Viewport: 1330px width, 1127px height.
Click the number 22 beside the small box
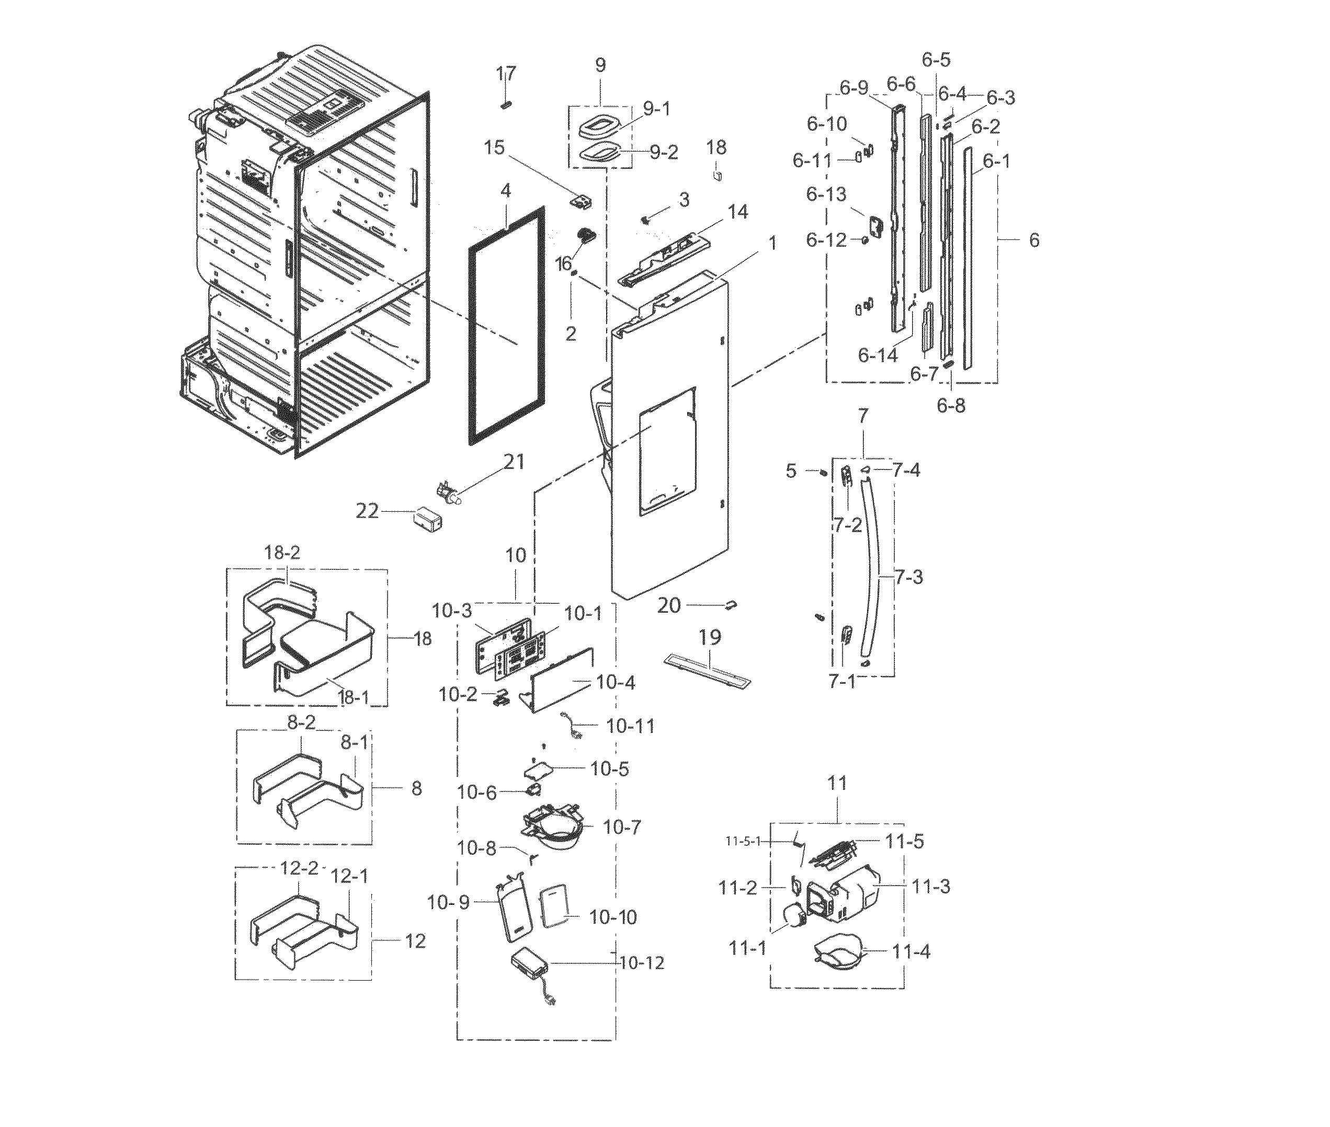pos(367,511)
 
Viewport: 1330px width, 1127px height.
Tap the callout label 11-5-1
pos(743,842)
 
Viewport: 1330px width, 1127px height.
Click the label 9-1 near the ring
pos(656,109)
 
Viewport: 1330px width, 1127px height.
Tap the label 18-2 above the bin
pos(282,553)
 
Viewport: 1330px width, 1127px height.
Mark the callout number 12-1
pos(349,876)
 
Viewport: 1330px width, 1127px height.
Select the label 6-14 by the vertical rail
pos(878,355)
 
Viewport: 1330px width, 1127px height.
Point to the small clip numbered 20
pos(731,604)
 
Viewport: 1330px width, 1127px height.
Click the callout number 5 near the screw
pos(791,471)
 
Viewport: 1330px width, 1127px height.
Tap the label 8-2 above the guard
pos(301,722)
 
